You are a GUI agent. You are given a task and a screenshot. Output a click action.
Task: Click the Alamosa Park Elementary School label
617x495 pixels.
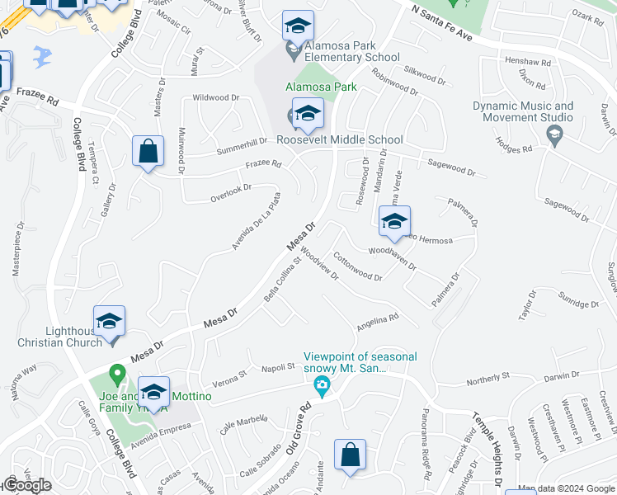[x=351, y=52]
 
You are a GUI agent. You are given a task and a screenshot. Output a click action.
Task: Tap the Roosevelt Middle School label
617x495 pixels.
[x=339, y=140]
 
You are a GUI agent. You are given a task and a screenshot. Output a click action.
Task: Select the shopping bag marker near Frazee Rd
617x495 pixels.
[x=148, y=152]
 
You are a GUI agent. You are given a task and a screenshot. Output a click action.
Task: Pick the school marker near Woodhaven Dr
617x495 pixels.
[x=394, y=221]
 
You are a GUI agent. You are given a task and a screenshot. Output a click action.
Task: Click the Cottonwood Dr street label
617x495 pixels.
[x=357, y=266]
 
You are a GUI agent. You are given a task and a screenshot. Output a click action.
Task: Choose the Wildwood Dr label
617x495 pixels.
[x=215, y=98]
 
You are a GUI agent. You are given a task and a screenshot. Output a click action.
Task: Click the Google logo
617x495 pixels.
[x=27, y=485]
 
